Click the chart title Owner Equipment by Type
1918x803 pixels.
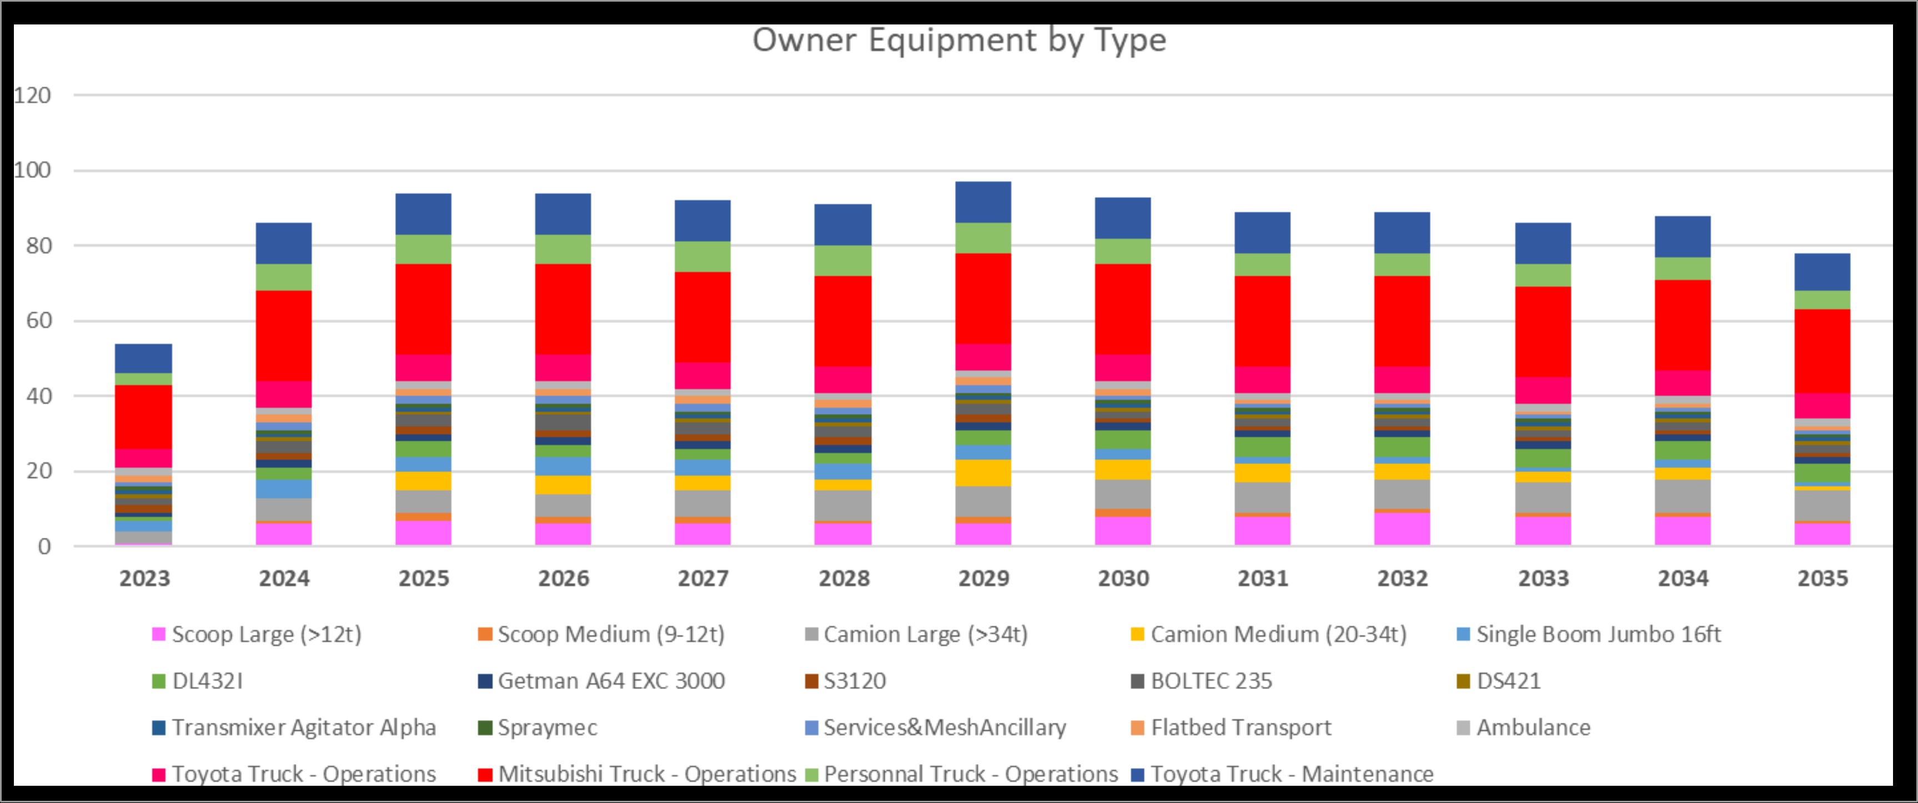[x=958, y=40]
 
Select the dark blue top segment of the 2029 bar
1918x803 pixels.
[x=983, y=202]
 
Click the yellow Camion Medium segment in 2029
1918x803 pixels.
[x=983, y=473]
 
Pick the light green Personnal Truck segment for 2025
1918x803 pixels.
[x=423, y=250]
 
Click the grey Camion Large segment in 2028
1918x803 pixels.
[x=843, y=505]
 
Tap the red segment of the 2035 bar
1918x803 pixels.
[x=1822, y=351]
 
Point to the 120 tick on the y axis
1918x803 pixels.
[x=33, y=96]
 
